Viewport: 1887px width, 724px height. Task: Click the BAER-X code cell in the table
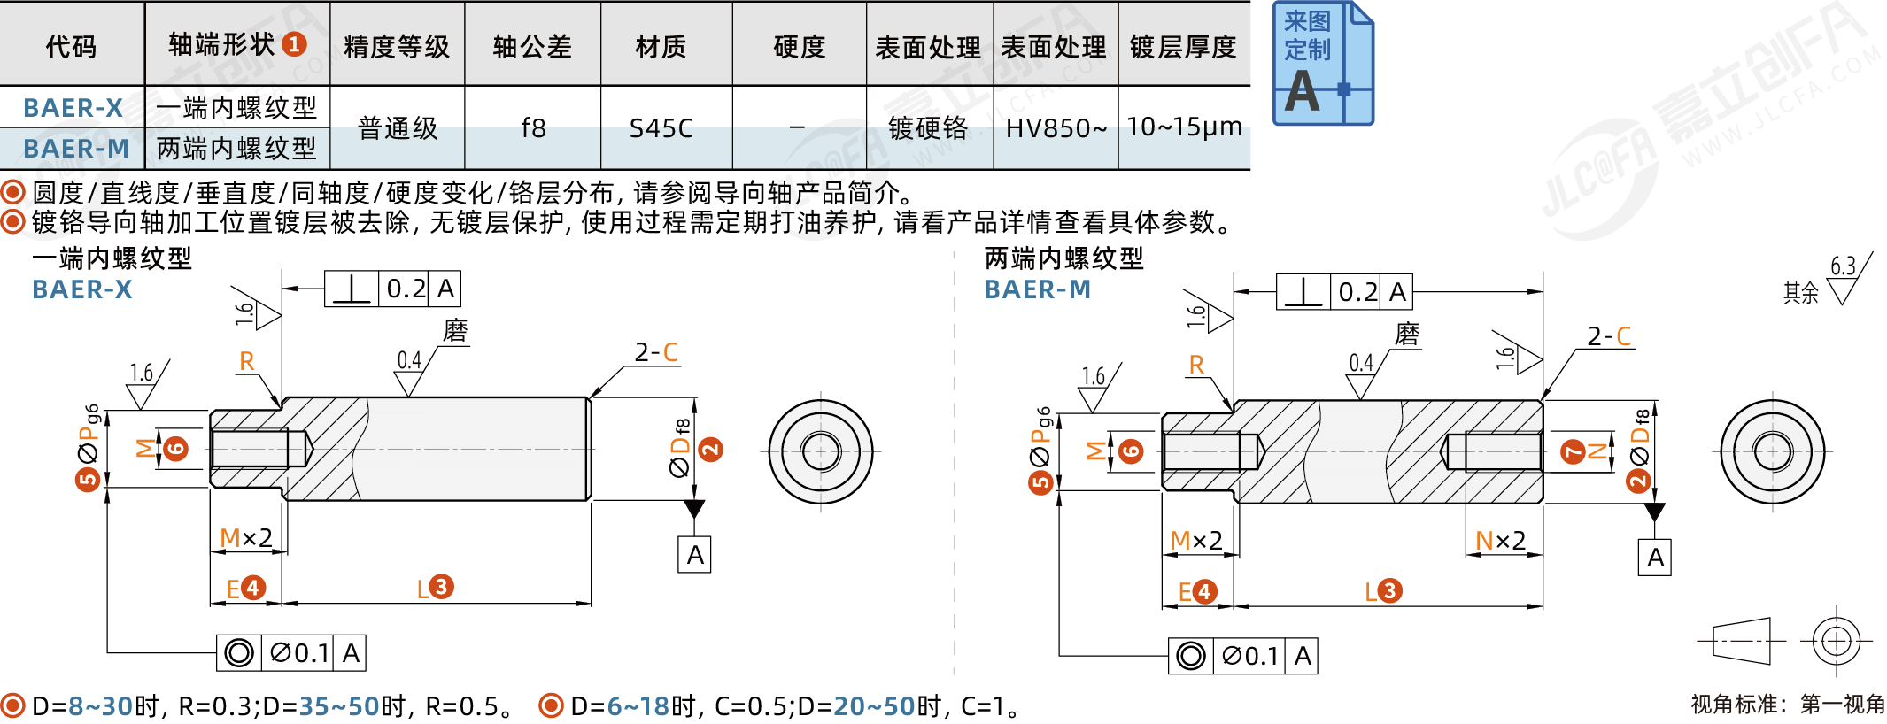click(x=73, y=107)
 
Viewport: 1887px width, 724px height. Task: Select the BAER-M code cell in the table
click(x=76, y=148)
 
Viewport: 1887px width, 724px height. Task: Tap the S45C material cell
click(x=661, y=128)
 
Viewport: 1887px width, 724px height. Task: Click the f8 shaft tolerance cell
click(x=533, y=128)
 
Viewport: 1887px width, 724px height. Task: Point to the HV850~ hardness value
click(x=1056, y=128)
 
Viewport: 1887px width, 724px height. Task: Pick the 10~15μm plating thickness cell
click(x=1184, y=127)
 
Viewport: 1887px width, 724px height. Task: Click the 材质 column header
click(x=661, y=46)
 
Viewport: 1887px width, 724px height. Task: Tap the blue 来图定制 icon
click(x=1323, y=63)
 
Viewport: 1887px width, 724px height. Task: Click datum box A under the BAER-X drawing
click(x=695, y=555)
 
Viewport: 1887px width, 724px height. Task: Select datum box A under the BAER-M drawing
click(x=1655, y=558)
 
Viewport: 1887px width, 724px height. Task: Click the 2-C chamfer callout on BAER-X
click(x=656, y=352)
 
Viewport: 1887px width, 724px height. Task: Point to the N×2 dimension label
click(x=1500, y=540)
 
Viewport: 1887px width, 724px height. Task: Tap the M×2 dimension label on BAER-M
click(x=1195, y=540)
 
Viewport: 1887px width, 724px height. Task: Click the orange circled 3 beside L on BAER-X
click(x=441, y=586)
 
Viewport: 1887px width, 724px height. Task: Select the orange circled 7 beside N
click(x=1573, y=452)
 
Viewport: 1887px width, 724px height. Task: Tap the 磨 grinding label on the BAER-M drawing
click(x=1407, y=335)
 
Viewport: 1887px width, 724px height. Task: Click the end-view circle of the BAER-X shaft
click(x=821, y=451)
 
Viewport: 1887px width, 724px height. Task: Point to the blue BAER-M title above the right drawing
click(x=1037, y=289)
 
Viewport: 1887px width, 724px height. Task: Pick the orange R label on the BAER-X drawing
click(x=247, y=361)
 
